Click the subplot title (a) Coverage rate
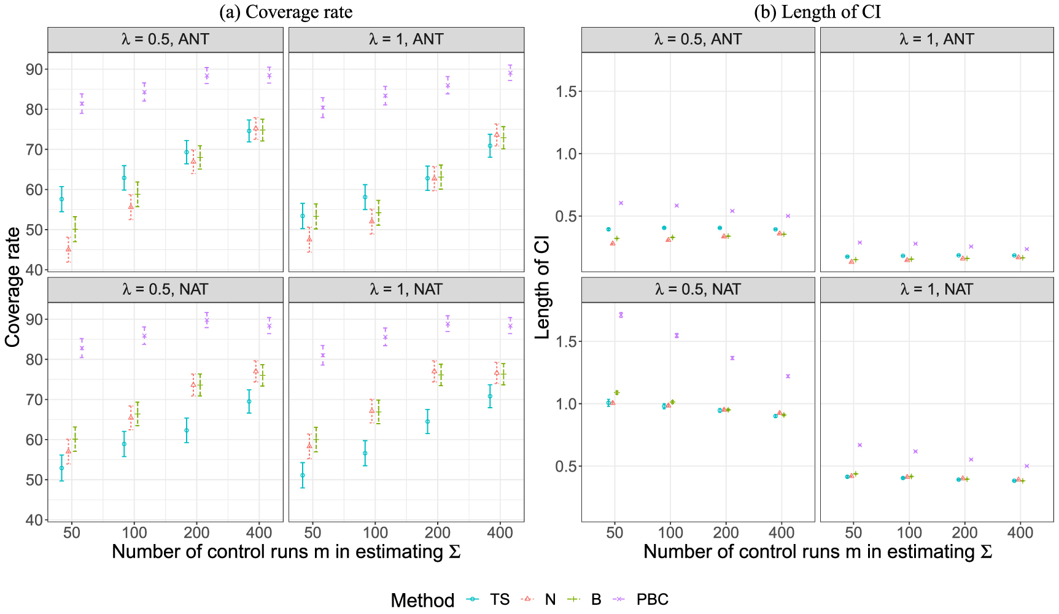285,12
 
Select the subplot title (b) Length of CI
817,12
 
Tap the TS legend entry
500,599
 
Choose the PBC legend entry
652,599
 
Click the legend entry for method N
549,599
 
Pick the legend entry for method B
595,599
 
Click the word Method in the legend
422,600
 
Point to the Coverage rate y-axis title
14,287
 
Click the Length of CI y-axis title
543,287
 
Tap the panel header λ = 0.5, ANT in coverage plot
165,39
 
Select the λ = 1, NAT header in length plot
936,289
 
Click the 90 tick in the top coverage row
34,69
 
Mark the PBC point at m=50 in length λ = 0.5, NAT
621,315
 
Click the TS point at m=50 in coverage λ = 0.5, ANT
61,199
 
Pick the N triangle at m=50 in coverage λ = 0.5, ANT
68,249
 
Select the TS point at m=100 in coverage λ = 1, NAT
365,453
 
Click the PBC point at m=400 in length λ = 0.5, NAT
788,376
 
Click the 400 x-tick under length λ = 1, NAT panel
1020,533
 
